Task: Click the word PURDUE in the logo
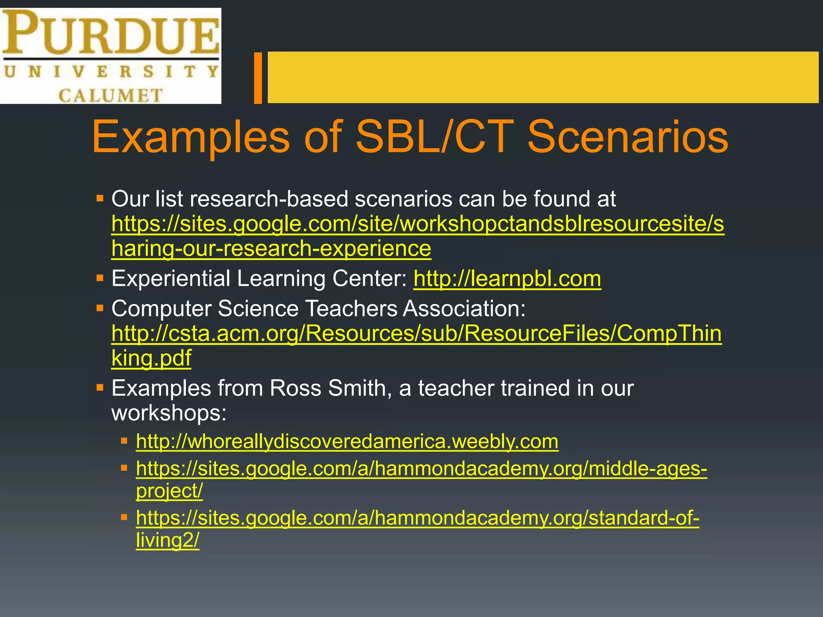click(x=111, y=33)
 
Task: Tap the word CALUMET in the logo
click(x=111, y=96)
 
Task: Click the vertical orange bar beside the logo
click(x=258, y=78)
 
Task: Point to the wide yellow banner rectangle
click(x=543, y=77)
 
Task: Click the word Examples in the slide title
click(x=190, y=137)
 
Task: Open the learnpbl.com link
click(x=507, y=279)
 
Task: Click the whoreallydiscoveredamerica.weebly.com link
click(x=347, y=441)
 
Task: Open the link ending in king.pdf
click(x=151, y=358)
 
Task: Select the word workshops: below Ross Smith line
click(x=169, y=413)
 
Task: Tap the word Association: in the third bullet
click(x=464, y=309)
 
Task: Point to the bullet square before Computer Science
click(x=100, y=308)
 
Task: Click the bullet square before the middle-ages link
click(x=124, y=468)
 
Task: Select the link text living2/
click(x=167, y=540)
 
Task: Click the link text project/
click(x=169, y=491)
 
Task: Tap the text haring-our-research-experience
click(x=271, y=249)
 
